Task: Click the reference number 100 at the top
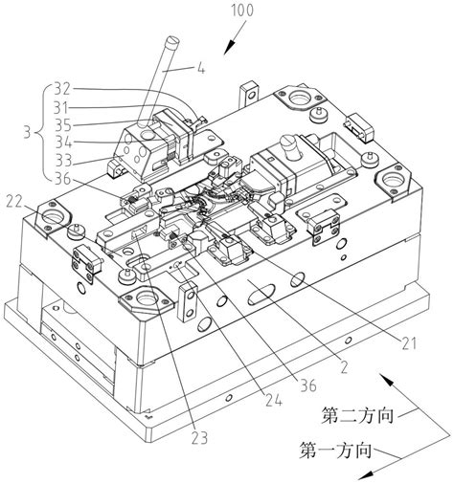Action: [242, 10]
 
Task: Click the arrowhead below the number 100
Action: [229, 48]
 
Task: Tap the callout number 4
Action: [201, 68]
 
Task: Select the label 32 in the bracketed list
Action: [62, 89]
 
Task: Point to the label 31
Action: [61, 108]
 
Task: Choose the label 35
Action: [62, 125]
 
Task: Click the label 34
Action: [63, 143]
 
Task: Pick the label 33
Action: [63, 160]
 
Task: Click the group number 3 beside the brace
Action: [28, 133]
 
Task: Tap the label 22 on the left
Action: [14, 202]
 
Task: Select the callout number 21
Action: [409, 343]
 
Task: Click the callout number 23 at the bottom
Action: [199, 437]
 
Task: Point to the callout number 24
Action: [274, 400]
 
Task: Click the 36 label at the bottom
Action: [308, 385]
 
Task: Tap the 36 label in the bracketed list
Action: [62, 179]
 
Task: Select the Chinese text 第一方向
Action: [335, 451]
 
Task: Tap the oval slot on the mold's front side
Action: [261, 294]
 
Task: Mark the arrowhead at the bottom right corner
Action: [366, 474]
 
